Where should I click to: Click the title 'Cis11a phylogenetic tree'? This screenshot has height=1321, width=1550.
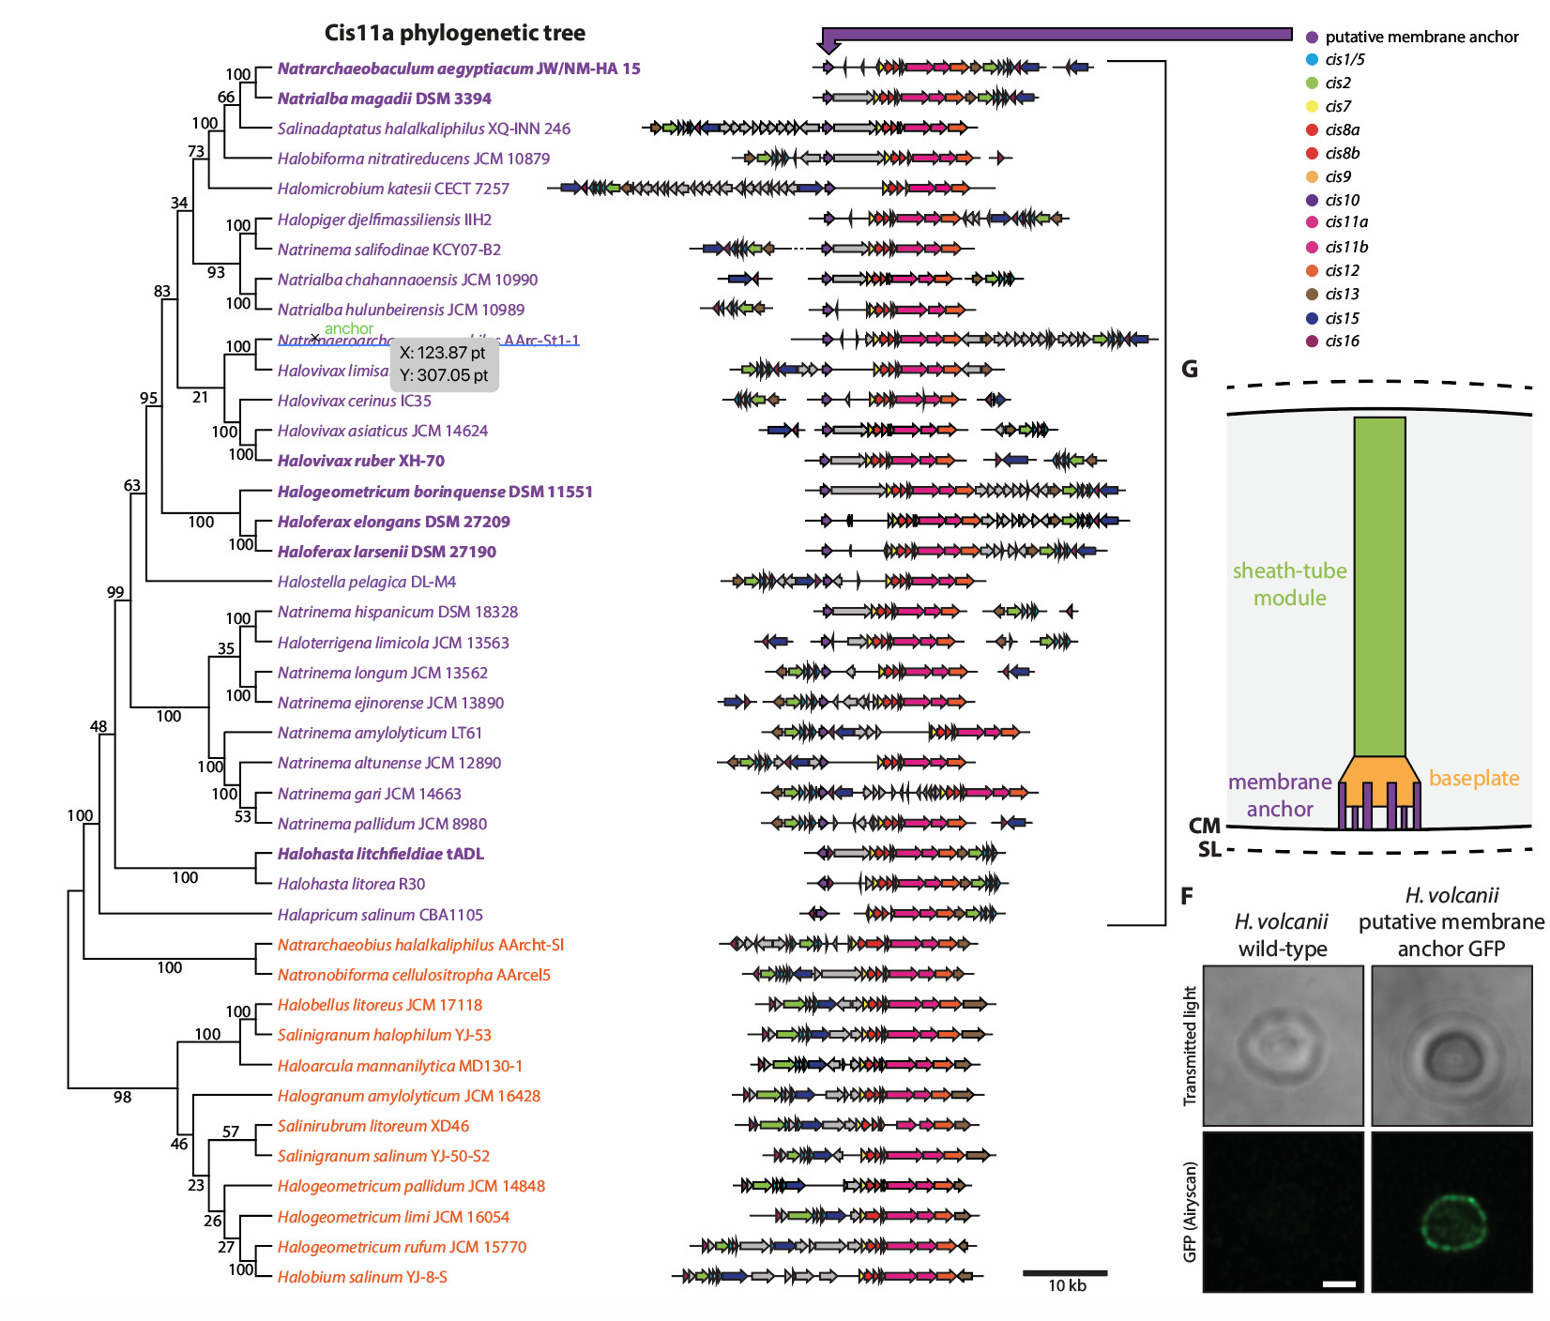pos(454,33)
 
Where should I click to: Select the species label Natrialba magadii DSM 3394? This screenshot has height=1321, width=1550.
pos(384,99)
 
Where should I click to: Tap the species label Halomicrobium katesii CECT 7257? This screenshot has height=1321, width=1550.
pos(393,189)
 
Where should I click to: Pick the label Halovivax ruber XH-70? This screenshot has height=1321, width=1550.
pos(360,461)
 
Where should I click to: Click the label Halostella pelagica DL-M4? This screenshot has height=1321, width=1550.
pos(366,582)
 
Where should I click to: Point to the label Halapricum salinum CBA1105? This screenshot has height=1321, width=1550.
pos(380,915)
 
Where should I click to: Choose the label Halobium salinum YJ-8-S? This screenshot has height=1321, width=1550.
pos(362,1277)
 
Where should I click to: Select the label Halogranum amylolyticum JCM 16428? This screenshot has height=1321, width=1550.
pos(408,1096)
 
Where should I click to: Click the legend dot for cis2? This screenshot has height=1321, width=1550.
pos(1313,83)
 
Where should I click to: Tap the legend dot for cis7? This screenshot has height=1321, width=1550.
pos(1313,106)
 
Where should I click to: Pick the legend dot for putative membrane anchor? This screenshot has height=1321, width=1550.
pos(1313,37)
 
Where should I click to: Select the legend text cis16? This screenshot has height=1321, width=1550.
pos(1342,342)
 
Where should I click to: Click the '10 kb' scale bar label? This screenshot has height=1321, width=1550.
pos(1067,1286)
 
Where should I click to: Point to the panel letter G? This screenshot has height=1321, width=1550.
pos(1190,369)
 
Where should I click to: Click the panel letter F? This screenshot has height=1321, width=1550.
pos(1187,896)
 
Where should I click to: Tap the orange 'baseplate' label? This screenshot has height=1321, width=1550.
pos(1473,778)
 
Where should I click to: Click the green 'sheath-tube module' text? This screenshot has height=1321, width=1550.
pos(1289,584)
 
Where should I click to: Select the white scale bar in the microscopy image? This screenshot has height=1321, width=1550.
pos(1339,1283)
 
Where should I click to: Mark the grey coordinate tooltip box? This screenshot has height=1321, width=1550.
pos(444,364)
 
